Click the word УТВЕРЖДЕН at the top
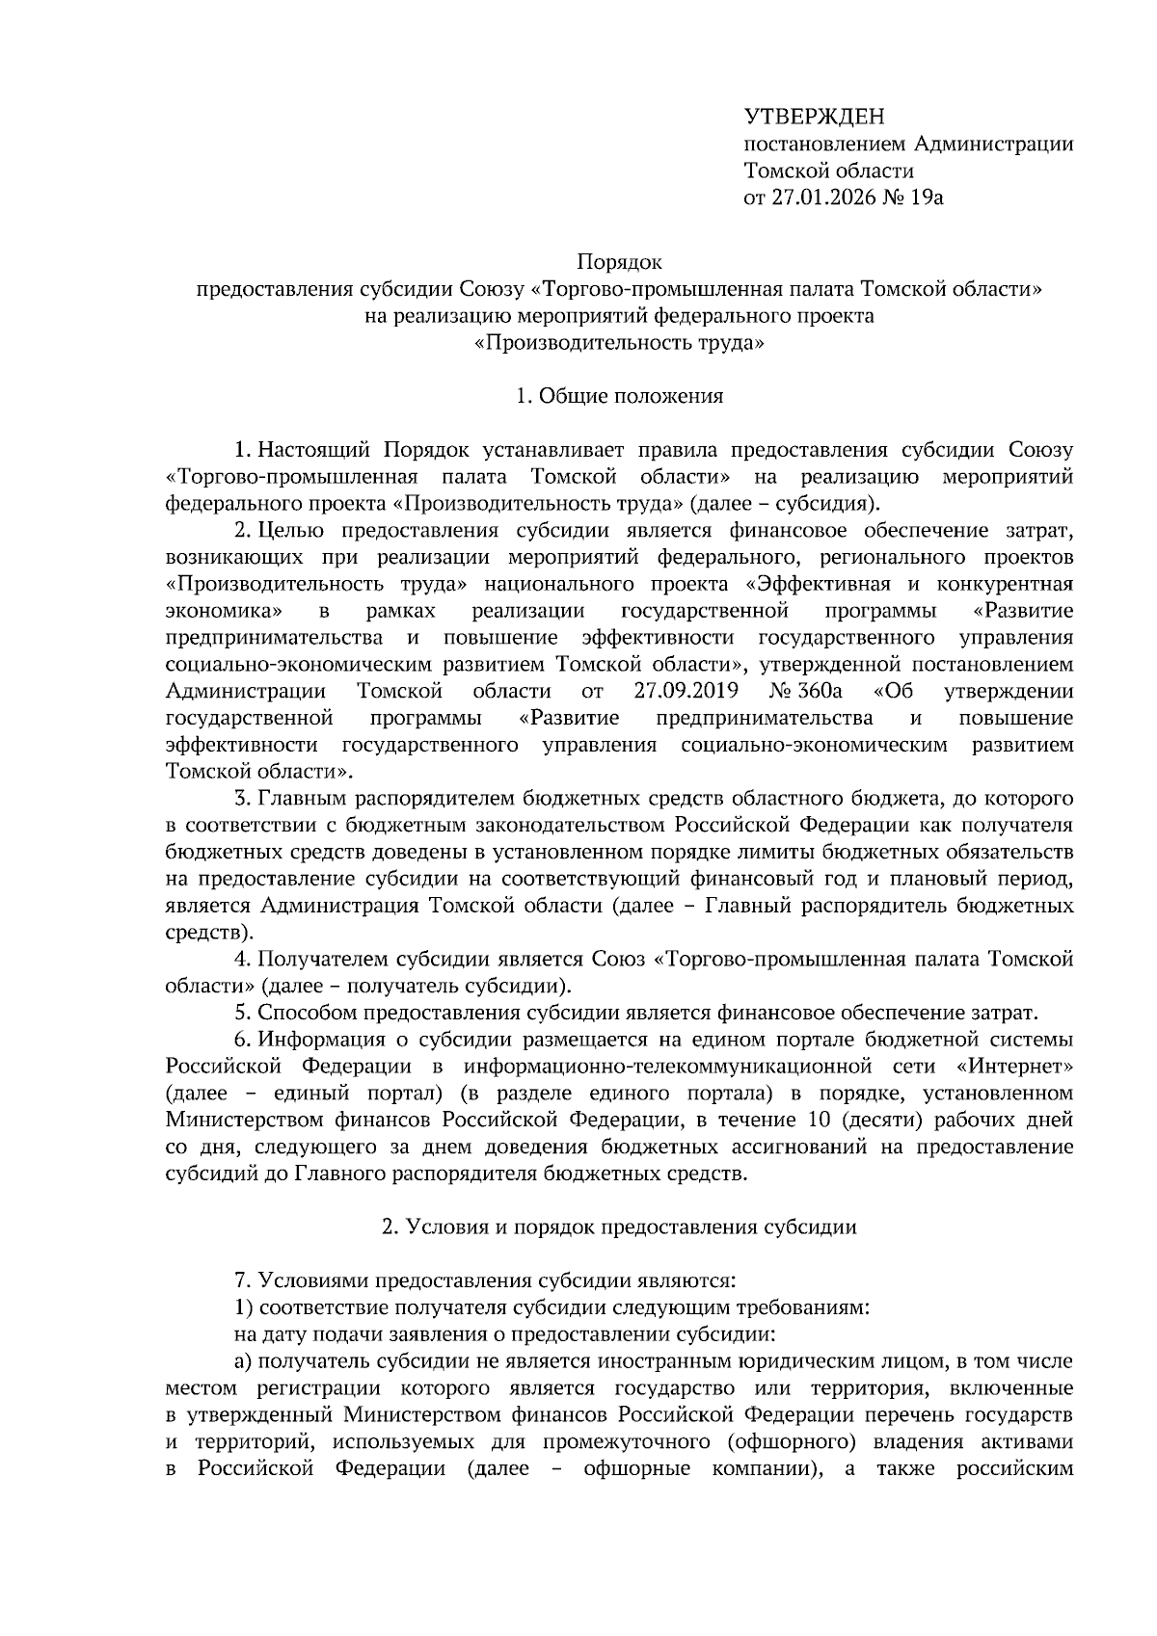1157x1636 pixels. click(814, 118)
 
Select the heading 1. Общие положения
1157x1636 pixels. click(619, 396)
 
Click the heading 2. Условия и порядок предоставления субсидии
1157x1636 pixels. click(619, 1227)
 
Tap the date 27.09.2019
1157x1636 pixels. click(686, 691)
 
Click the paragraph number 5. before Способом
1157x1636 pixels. click(243, 1013)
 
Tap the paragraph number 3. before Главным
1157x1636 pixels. click(243, 799)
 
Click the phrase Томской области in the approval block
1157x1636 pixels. click(828, 172)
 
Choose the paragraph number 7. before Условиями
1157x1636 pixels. click(243, 1281)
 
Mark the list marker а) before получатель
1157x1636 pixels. click(243, 1361)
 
